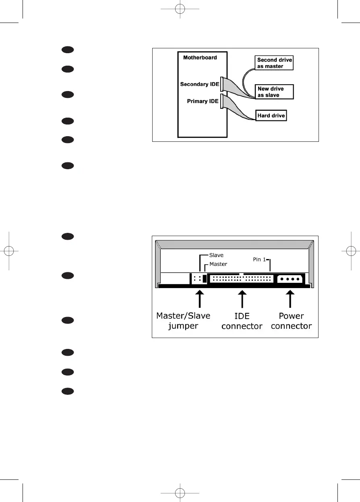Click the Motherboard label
pos(200,58)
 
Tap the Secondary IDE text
pos(199,84)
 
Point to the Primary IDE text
pos(203,102)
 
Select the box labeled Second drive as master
pos(275,63)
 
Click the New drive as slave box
pos(275,92)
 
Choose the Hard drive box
pos(271,116)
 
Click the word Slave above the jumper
pos(216,255)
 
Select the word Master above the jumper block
pos(218,264)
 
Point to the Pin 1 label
pos(260,259)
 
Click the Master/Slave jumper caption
pos(183,321)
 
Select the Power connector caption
pos(292,321)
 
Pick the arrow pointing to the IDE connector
pos(242,299)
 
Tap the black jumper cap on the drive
pos(204,278)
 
